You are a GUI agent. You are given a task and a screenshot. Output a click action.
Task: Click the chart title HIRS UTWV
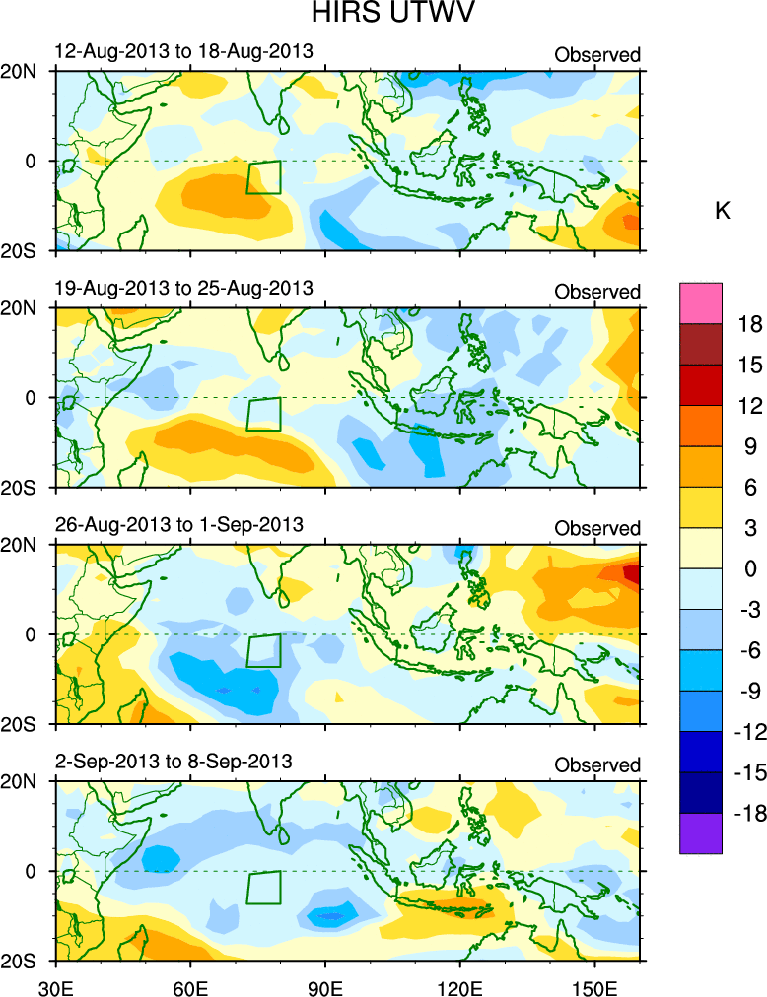pos(383,15)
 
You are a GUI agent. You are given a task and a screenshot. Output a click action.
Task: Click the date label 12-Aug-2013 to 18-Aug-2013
pos(184,51)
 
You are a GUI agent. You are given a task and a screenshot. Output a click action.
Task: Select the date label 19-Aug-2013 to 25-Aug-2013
pos(184,288)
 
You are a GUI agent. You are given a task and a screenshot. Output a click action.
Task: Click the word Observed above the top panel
pos(597,55)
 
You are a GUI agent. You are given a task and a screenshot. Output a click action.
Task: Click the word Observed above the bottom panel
pos(597,765)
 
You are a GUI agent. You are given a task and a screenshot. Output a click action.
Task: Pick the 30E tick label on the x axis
pos(54,984)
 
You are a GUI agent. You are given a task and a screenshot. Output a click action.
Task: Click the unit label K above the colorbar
pos(722,211)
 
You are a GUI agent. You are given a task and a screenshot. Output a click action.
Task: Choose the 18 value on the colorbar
pos(749,324)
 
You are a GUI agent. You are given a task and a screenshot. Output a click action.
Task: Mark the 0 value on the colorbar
pos(749,568)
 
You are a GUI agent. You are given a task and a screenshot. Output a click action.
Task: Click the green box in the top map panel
pos(263,177)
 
